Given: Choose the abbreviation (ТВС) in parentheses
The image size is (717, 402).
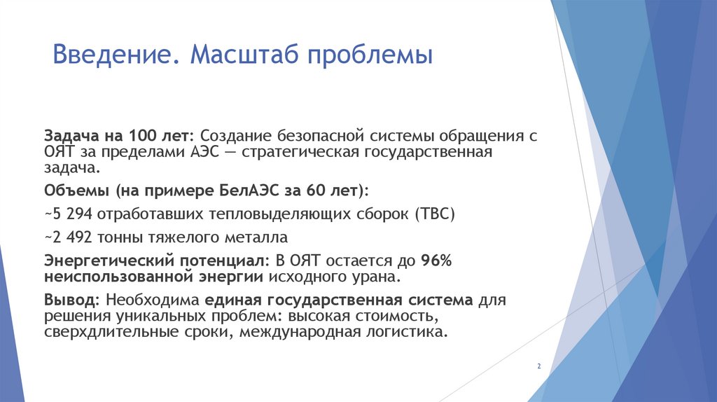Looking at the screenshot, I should coord(435,214).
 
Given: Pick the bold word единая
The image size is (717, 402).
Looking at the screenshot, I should coord(235,300).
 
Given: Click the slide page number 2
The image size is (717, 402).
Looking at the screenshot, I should coord(538,367).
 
